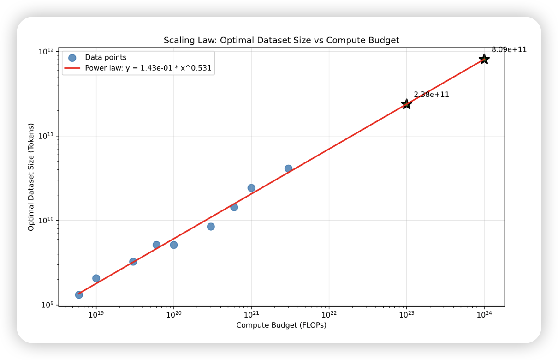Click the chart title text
point(281,41)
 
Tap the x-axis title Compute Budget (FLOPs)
point(281,325)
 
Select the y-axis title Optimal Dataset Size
point(31,177)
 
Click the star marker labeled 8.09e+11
point(484,59)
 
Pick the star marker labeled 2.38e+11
point(406,104)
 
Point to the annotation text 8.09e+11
point(509,50)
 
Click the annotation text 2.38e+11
point(431,95)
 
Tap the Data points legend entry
point(105,58)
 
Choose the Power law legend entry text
point(148,68)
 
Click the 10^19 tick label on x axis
point(96,314)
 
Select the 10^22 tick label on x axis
point(329,314)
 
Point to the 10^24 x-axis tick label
point(484,314)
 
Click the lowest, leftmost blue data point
point(79,294)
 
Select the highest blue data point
point(288,168)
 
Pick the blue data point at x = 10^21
point(251,188)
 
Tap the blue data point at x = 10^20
point(173,245)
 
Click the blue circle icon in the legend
point(72,58)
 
